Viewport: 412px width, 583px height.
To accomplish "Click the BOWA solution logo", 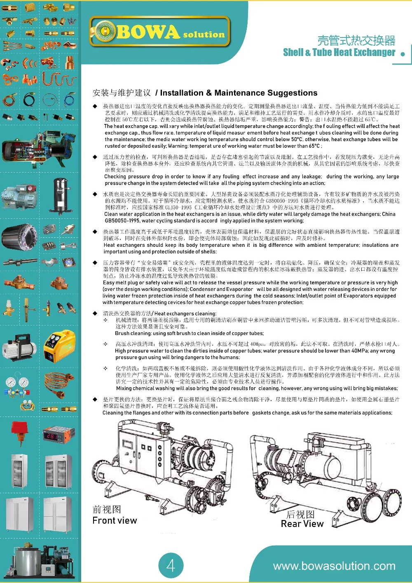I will coord(159,31).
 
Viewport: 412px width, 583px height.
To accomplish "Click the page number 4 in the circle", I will coord(171,565).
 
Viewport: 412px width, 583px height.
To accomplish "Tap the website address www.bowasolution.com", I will coord(334,566).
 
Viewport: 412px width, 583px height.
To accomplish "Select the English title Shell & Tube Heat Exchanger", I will coord(339,52).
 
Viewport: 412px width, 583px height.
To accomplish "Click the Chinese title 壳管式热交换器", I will coord(356,40).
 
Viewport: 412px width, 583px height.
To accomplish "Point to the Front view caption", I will coord(115,520).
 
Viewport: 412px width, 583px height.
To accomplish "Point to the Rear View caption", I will coord(302,524).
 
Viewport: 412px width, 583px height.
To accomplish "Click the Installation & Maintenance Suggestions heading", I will coord(239,93).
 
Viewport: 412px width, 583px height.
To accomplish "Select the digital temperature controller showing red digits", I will coord(59,435).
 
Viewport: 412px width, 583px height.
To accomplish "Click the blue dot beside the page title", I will coord(403,54).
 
